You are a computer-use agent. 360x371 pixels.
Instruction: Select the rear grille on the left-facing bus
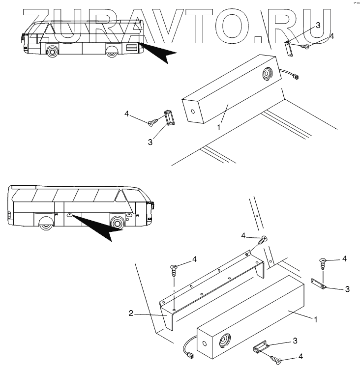tap(132, 47)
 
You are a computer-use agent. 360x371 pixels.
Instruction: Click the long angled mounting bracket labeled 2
tap(211, 290)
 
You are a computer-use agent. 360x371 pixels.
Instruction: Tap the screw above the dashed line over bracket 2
tap(174, 268)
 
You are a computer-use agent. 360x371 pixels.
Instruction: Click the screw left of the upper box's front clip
tap(152, 122)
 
